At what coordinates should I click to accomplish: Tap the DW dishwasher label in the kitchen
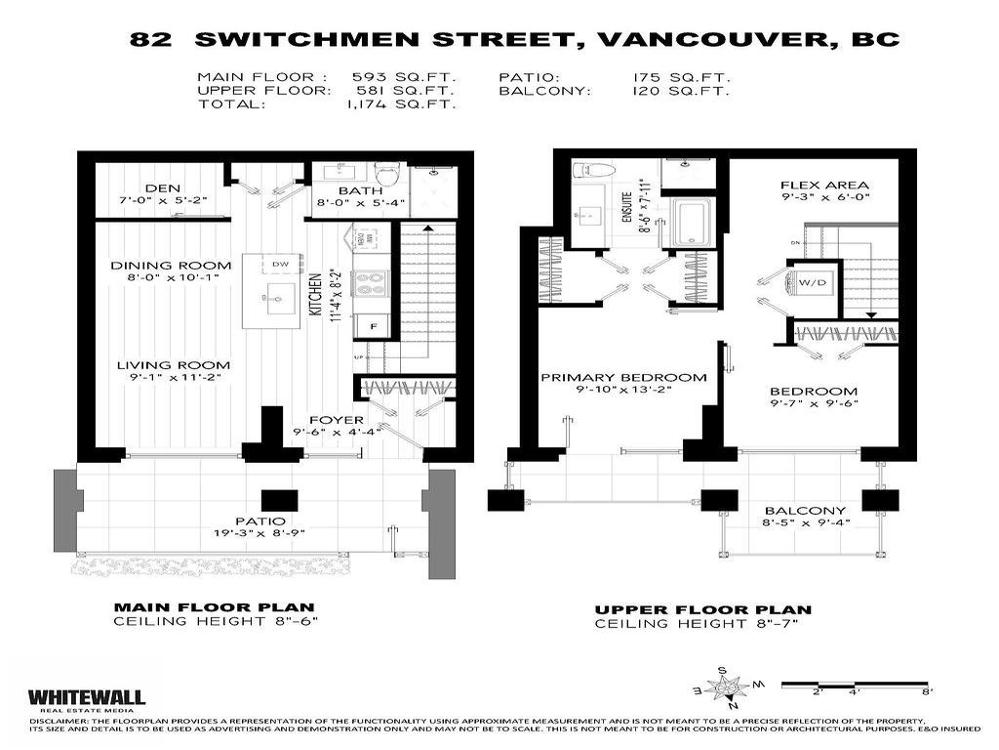(x=280, y=264)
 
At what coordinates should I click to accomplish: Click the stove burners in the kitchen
(x=372, y=283)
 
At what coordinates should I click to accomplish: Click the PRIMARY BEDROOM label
(x=623, y=377)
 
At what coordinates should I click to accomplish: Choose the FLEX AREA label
(x=824, y=185)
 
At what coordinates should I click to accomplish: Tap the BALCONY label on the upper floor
(x=805, y=511)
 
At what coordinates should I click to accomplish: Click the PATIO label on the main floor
(x=260, y=521)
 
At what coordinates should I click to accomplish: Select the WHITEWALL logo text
(x=86, y=696)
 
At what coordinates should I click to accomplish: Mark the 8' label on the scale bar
(x=927, y=690)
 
